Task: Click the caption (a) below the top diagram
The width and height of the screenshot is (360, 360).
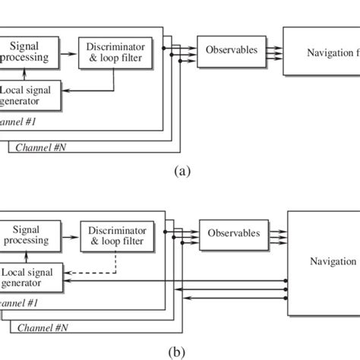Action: [180, 171]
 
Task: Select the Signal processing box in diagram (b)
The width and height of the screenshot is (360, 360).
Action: [26, 235]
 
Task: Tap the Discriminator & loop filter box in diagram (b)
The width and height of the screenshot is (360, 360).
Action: [115, 235]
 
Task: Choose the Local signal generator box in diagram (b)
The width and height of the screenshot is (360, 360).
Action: [30, 276]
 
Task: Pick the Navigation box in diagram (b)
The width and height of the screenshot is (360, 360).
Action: [323, 261]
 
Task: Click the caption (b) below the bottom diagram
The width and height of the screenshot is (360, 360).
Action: [180, 352]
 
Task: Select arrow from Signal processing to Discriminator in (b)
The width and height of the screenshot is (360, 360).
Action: [68, 235]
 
